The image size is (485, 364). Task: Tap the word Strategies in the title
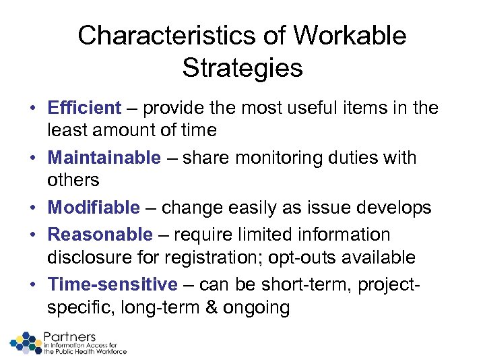pos(242,67)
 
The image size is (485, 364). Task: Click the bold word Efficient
pos(84,108)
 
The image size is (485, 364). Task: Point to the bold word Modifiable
pos(94,208)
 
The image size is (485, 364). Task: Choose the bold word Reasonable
pos(100,235)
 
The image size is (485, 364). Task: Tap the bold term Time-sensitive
pos(112,284)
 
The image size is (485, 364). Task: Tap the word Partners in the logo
pos(69,336)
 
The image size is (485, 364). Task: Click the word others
pos(73,181)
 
